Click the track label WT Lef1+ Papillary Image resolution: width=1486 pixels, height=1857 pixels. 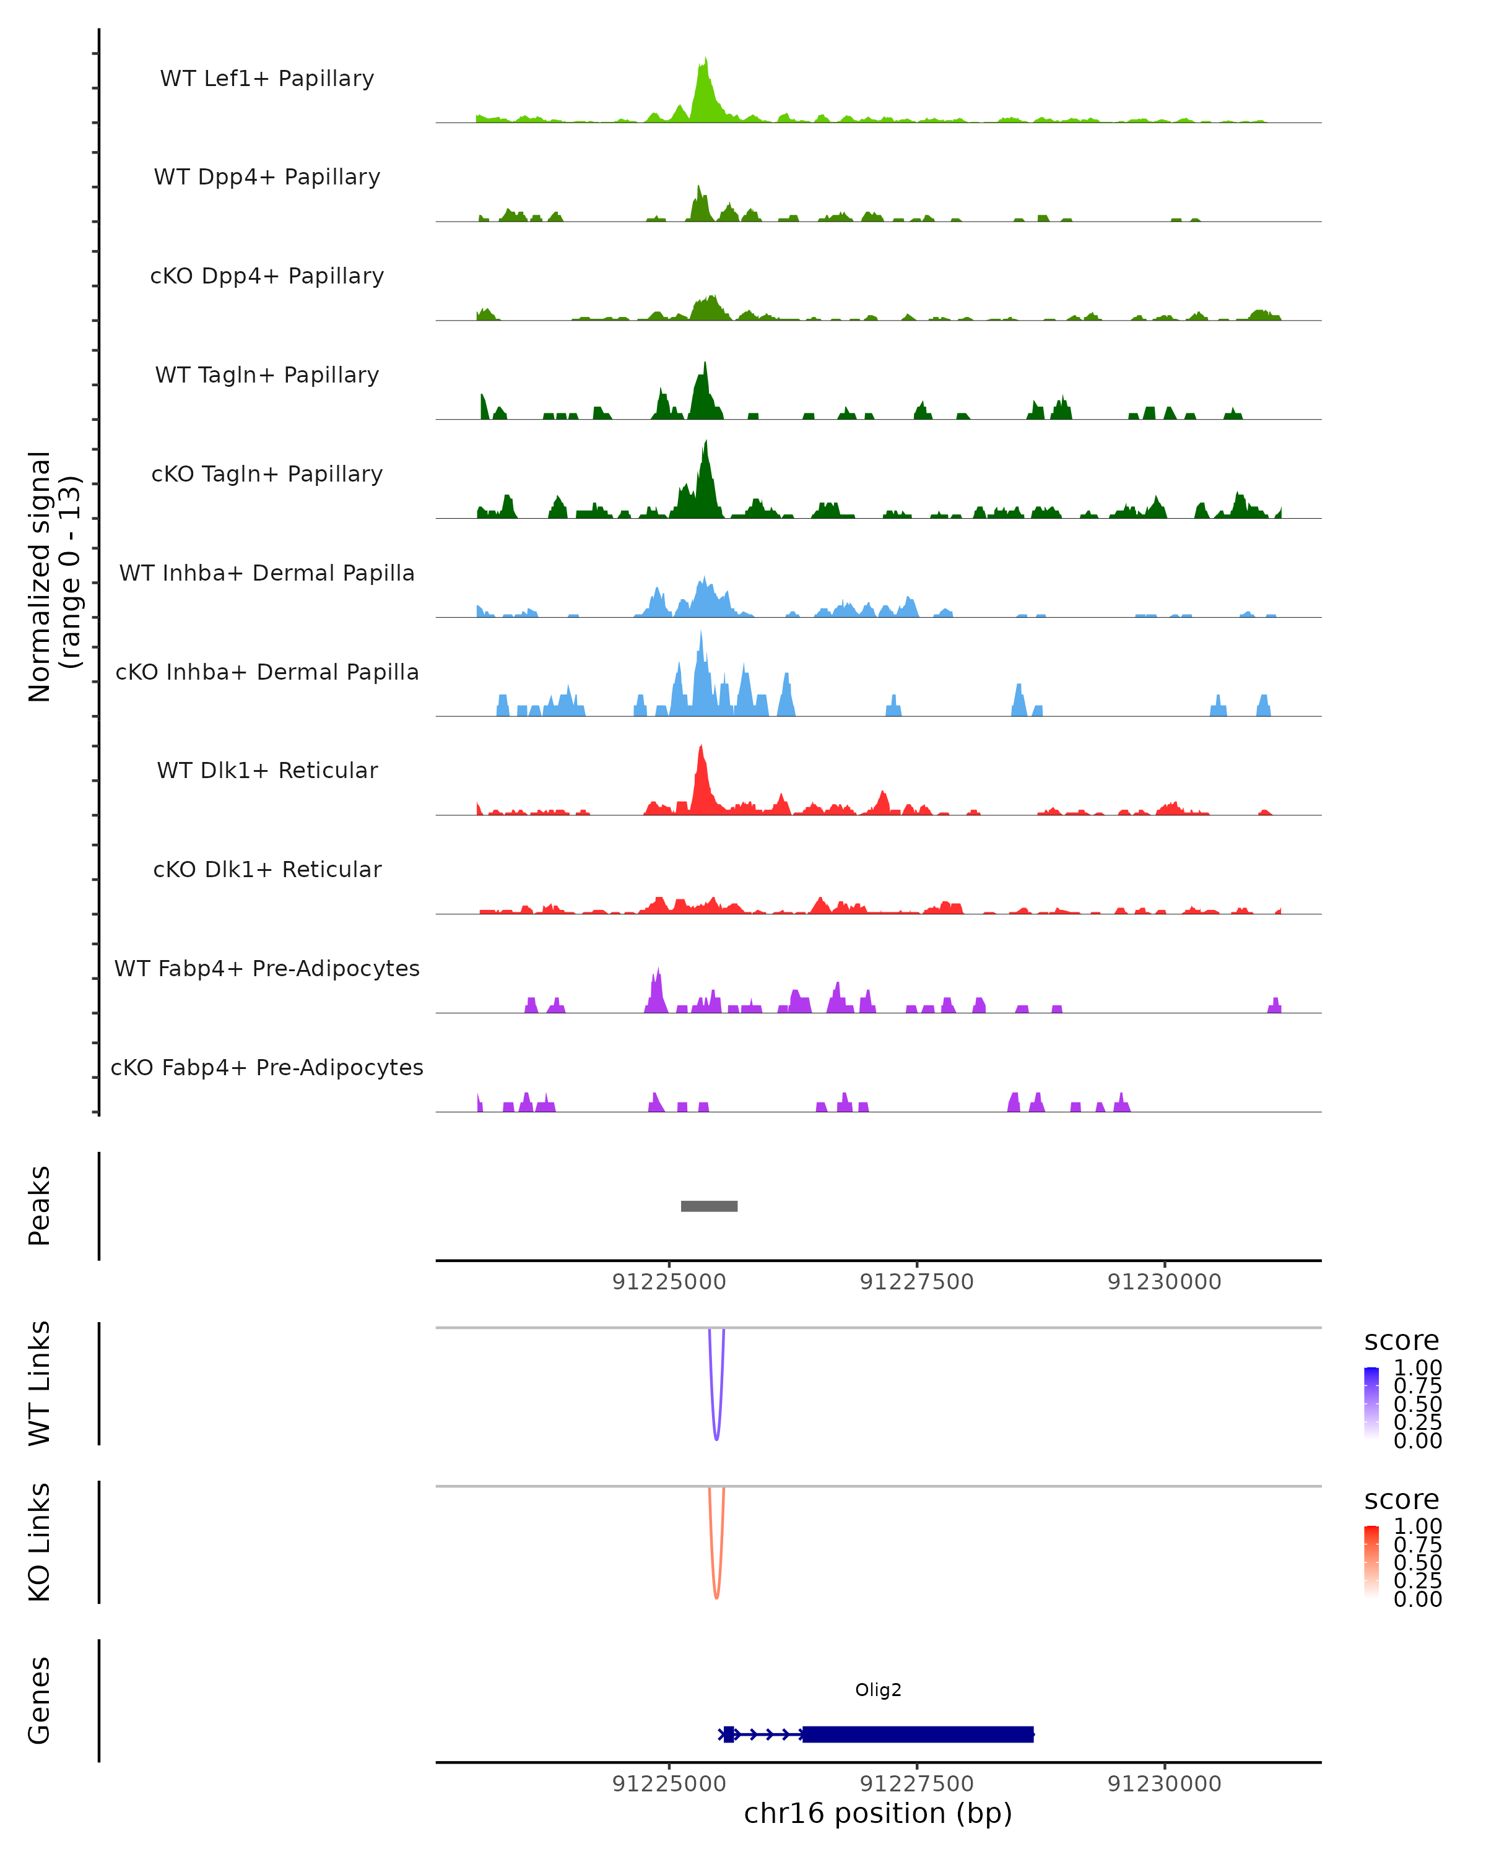point(267,79)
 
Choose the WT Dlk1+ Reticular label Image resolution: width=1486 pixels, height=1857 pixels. point(267,770)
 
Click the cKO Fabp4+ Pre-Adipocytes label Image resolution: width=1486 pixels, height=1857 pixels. point(267,1067)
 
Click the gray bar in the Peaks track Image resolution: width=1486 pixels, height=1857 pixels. point(709,1206)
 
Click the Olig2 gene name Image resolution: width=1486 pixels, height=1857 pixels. point(878,1690)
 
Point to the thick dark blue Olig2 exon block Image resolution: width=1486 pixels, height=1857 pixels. point(918,1734)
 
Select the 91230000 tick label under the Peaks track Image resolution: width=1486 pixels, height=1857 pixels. point(1164,1282)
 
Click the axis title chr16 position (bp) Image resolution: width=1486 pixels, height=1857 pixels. point(878,1813)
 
